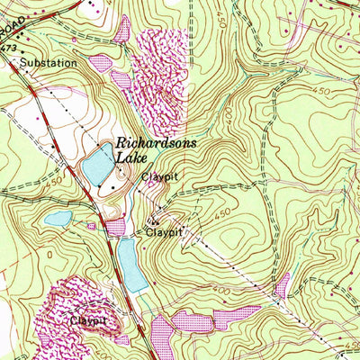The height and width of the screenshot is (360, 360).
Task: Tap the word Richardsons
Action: [155, 142]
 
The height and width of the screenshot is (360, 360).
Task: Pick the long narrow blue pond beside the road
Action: [131, 266]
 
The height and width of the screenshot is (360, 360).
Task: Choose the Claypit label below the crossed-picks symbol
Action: [164, 232]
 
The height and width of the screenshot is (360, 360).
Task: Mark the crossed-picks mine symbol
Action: [155, 220]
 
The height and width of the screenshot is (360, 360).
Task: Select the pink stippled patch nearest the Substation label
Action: [101, 63]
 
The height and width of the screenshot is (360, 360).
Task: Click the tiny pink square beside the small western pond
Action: [91, 226]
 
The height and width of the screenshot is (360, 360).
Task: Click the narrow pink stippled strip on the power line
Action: [283, 286]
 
